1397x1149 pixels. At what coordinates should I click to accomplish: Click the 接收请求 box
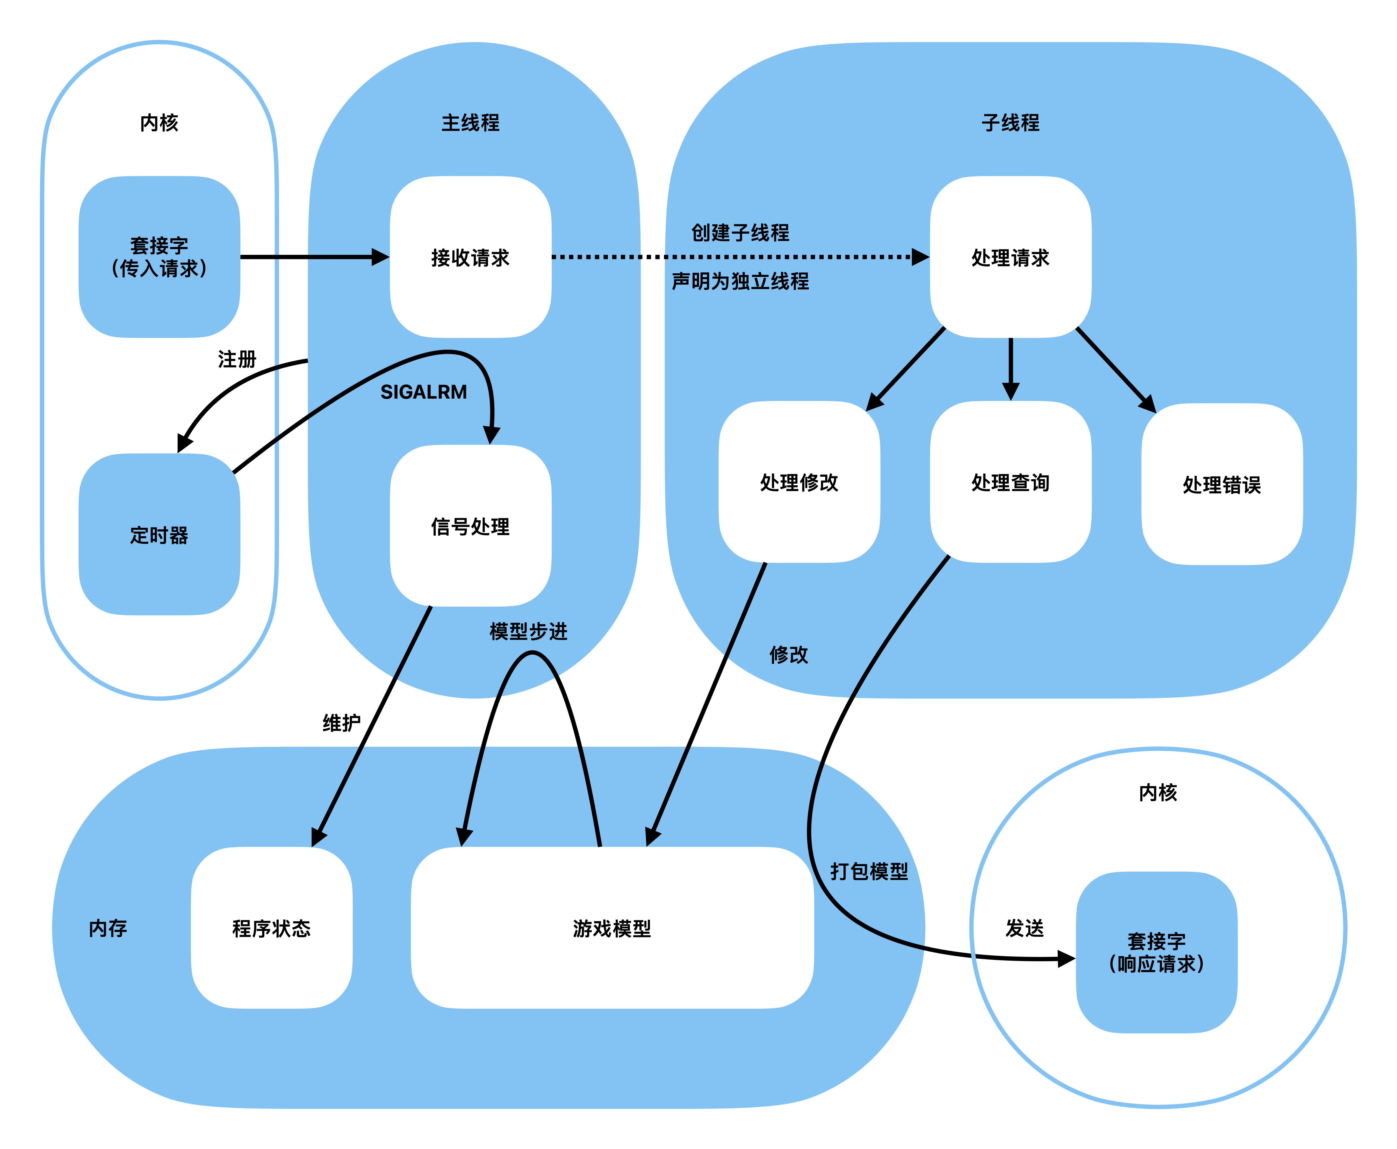(471, 257)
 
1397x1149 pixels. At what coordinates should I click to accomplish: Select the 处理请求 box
(1011, 257)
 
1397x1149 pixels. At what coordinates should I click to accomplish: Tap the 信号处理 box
(471, 526)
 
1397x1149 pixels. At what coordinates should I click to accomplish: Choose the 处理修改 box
(800, 482)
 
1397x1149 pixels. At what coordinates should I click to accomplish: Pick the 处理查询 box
(1011, 482)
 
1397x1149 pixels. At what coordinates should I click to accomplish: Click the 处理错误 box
(1222, 484)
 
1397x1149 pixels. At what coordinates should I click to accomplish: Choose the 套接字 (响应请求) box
(1157, 952)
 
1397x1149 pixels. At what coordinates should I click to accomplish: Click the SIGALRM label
(423, 392)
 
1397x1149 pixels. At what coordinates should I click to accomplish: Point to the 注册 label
(237, 359)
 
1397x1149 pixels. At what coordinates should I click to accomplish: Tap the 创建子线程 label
(740, 232)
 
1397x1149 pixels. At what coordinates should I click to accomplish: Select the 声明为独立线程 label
(740, 281)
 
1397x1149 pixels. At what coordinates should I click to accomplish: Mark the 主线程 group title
(471, 123)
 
